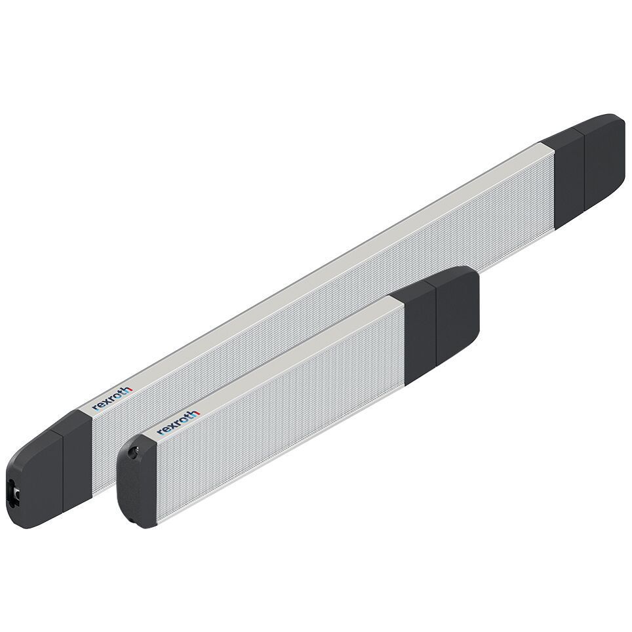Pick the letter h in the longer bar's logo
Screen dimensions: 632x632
coord(128,389)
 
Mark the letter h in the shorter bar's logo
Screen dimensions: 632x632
coord(193,413)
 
